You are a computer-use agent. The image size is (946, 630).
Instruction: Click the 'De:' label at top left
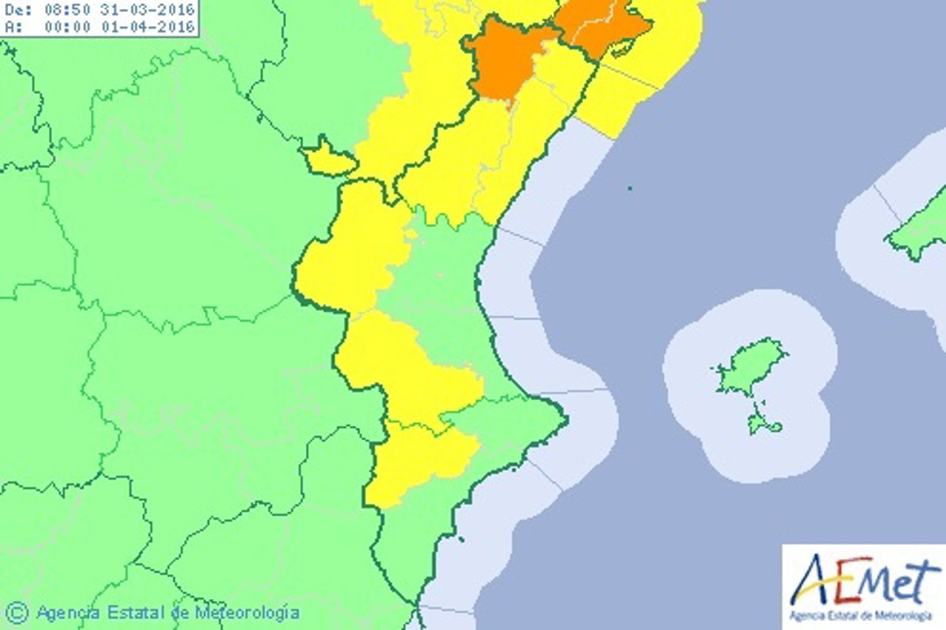(x=18, y=10)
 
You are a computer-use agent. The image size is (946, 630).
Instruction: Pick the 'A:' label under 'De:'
(x=13, y=26)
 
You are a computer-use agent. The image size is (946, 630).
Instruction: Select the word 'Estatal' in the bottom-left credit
(x=133, y=612)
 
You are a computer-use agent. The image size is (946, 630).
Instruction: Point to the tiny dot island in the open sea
(x=630, y=189)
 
